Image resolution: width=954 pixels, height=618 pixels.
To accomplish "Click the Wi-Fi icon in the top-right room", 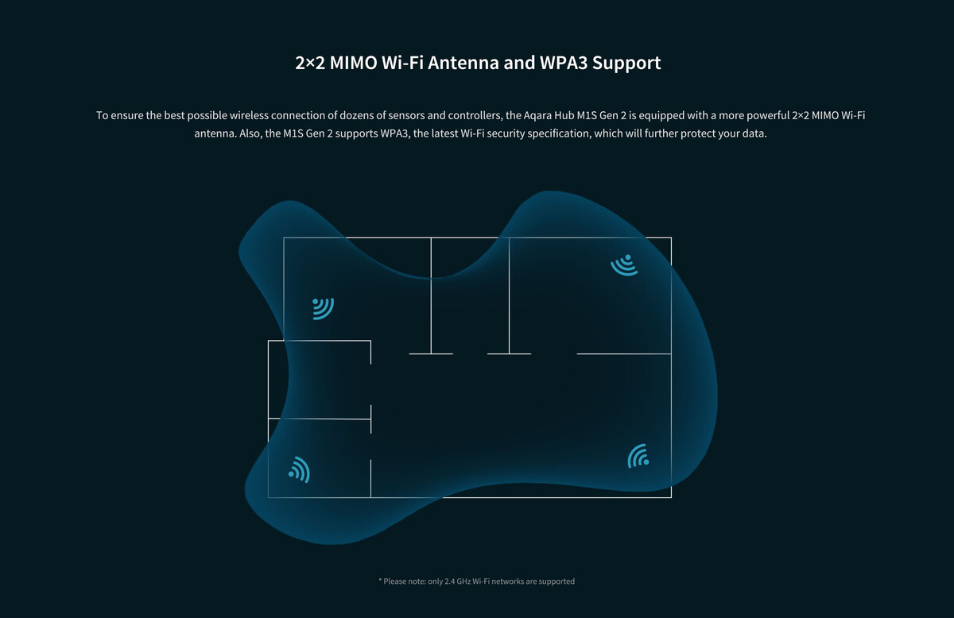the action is point(625,265).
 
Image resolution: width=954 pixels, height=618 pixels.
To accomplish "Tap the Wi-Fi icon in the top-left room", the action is point(323,308).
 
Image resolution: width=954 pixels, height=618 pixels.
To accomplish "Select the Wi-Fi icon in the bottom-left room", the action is point(300,470).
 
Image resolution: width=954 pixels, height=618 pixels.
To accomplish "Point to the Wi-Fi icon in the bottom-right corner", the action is point(638,456).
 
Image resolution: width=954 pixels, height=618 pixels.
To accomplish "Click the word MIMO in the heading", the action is point(353,63).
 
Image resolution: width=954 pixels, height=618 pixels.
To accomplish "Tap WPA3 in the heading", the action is point(563,63).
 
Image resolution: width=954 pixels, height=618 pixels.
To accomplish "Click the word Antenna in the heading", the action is point(463,63).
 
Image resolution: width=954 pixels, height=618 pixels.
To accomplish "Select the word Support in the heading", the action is point(626,64).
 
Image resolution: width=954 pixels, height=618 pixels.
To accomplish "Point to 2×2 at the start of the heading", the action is point(310,63).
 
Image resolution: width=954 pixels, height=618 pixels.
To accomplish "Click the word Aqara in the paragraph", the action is point(537,115).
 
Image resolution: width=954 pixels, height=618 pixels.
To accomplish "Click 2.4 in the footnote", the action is point(450,581).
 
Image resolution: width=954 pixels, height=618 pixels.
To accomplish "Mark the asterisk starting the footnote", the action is point(380,580).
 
